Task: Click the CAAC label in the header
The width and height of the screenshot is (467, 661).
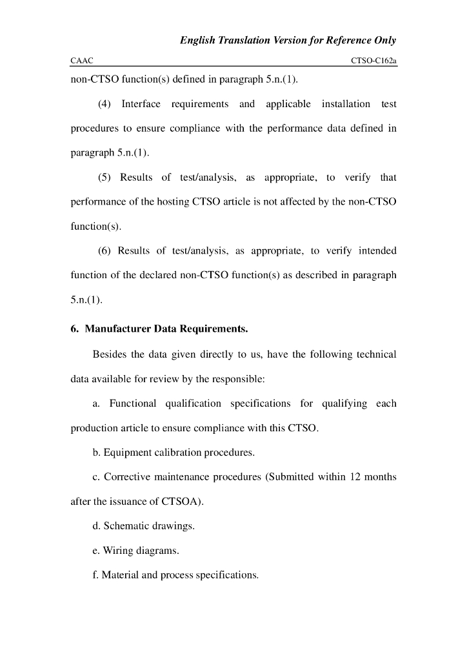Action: [81, 61]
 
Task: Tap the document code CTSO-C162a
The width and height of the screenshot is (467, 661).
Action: [373, 61]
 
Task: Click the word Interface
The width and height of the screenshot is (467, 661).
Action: [141, 104]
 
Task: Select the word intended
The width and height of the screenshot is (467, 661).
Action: [377, 250]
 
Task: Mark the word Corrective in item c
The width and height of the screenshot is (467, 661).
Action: [127, 477]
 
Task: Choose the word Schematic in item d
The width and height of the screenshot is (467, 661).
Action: [126, 526]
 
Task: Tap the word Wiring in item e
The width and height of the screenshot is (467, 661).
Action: [118, 551]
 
